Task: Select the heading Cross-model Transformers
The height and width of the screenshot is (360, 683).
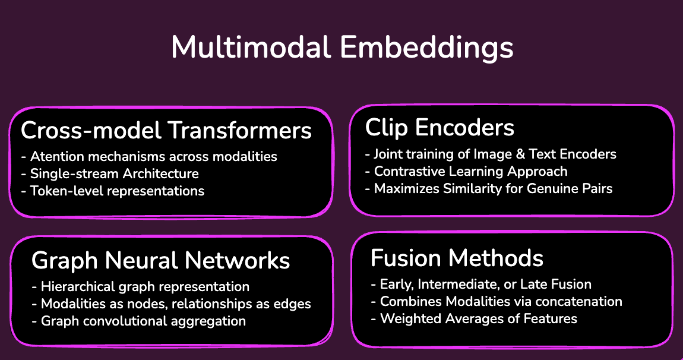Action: click(166, 130)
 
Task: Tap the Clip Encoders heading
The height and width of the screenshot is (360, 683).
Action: click(439, 127)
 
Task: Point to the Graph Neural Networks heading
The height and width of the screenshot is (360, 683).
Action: click(160, 260)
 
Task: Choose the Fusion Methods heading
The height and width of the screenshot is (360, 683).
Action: click(457, 258)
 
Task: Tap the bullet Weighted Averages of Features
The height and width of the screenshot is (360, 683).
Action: click(473, 319)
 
